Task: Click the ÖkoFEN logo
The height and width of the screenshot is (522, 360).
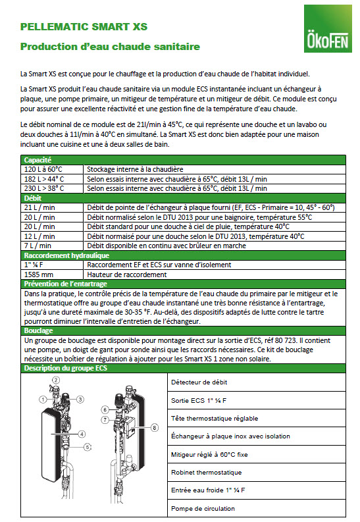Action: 328,28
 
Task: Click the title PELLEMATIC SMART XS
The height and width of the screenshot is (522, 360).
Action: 84,27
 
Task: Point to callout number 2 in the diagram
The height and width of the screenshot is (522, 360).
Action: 56,380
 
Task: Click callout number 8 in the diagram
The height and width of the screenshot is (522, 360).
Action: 155,428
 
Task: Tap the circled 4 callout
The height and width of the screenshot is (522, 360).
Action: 82,434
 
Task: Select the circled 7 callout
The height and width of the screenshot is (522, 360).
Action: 105,420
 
